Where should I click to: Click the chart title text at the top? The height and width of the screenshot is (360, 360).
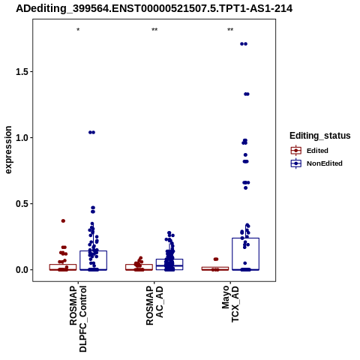[x=154, y=8]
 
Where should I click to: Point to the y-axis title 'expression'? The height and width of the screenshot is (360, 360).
[x=8, y=150]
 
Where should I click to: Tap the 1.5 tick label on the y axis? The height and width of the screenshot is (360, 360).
[x=21, y=72]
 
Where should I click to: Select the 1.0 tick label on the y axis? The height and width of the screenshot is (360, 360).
[x=21, y=138]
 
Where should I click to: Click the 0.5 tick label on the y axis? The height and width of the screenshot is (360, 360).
[x=21, y=204]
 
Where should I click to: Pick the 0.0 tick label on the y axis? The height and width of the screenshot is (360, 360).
[x=21, y=270]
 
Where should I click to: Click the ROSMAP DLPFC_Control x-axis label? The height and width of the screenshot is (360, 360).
[x=78, y=319]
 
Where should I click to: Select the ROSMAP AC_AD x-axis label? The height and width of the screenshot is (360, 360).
[x=154, y=305]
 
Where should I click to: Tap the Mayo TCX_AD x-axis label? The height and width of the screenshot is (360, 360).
[x=230, y=304]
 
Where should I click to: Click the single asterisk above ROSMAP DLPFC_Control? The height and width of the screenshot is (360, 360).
[x=78, y=30]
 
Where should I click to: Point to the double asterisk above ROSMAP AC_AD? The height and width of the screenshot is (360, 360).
[x=154, y=30]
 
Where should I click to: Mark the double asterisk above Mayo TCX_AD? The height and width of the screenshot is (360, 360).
[x=230, y=30]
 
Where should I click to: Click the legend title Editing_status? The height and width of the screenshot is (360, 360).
[x=320, y=136]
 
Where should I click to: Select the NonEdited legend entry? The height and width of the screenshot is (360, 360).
[x=316, y=163]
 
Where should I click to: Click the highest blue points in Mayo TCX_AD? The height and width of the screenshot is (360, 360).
[x=244, y=44]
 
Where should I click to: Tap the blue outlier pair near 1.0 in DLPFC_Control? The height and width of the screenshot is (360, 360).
[x=91, y=132]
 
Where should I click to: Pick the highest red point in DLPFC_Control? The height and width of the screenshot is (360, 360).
[x=63, y=220]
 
